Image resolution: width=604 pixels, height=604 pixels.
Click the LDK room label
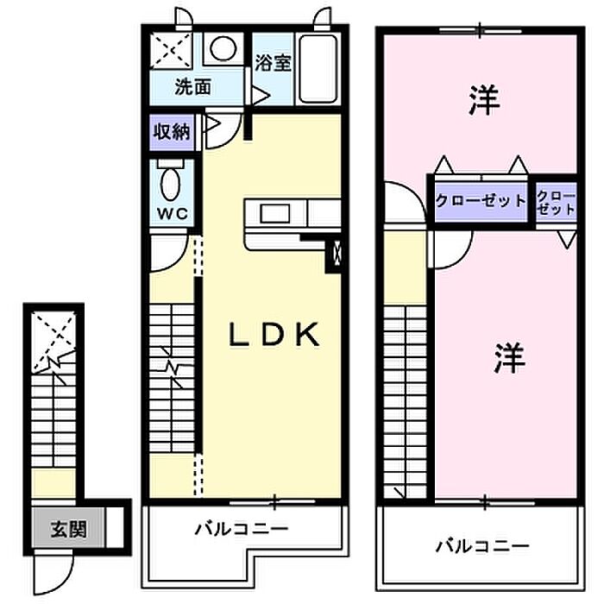[x=274, y=335]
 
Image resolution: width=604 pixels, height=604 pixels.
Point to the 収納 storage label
[x=172, y=132]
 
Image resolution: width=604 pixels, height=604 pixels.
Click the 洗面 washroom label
[x=193, y=87]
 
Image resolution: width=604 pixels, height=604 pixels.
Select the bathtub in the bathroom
[x=319, y=69]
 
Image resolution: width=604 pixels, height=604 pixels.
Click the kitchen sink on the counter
[x=277, y=212]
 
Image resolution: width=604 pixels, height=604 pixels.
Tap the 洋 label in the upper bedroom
[x=483, y=102]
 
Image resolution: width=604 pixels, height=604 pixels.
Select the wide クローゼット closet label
[x=480, y=201]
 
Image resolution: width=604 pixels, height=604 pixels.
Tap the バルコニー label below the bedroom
[x=481, y=546]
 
